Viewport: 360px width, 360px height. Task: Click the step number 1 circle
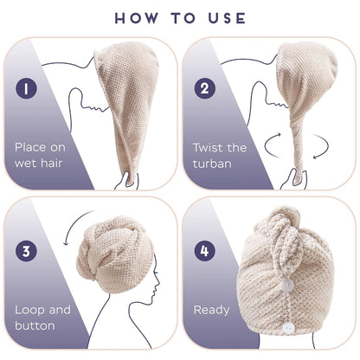tap(26, 88)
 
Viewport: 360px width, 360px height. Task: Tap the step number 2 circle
tap(204, 88)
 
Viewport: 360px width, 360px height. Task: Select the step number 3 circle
tap(26, 251)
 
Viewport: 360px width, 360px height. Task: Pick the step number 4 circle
tap(204, 251)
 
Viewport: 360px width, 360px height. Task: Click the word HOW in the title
tap(137, 18)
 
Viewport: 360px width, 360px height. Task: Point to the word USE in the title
tap(227, 18)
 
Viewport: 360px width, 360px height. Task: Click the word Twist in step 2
tap(208, 147)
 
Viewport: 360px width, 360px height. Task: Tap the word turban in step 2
tap(212, 164)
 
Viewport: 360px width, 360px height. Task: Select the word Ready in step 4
tap(212, 311)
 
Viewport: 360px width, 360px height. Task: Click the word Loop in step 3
tap(29, 310)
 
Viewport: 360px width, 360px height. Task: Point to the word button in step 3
tap(35, 325)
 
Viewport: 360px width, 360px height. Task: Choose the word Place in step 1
tap(30, 147)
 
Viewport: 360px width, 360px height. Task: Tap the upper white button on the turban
tap(287, 285)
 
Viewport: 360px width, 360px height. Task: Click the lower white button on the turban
tap(288, 328)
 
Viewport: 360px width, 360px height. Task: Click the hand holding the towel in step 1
tap(126, 181)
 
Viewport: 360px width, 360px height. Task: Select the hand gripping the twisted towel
tap(293, 179)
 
